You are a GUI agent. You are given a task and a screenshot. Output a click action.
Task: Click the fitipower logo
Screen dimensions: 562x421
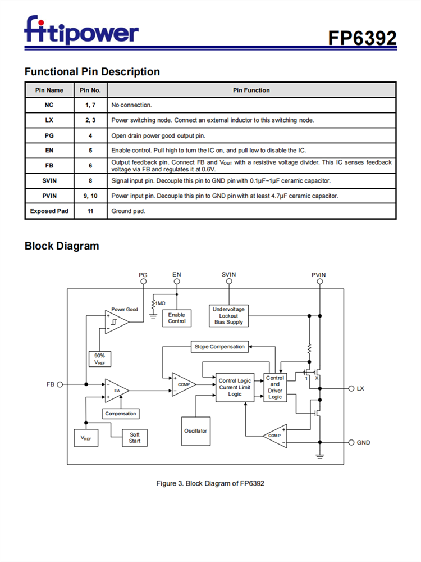point(81,31)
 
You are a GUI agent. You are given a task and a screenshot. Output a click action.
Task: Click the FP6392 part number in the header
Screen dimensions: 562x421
point(362,38)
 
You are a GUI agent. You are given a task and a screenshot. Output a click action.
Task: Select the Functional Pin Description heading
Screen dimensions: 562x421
point(92,72)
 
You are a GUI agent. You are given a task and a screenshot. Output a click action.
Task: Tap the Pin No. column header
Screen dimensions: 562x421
point(90,90)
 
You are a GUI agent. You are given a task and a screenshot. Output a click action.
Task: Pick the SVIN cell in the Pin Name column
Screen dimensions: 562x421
point(49,180)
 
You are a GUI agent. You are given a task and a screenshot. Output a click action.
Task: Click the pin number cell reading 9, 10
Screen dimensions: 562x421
point(90,196)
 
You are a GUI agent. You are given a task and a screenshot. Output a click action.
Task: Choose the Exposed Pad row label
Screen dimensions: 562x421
point(49,211)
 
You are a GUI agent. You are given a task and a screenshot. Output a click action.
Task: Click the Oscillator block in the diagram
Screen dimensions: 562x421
point(195,431)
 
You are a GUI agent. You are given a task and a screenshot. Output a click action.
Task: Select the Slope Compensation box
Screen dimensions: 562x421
point(219,347)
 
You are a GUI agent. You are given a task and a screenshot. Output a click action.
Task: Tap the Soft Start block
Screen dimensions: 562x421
point(135,438)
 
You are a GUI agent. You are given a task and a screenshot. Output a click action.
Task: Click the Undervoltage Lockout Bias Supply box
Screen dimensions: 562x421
point(228,315)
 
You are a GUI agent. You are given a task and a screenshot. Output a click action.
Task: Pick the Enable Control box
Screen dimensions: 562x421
point(177,318)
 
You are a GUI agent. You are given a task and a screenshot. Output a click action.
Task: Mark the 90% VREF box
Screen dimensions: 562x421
point(99,359)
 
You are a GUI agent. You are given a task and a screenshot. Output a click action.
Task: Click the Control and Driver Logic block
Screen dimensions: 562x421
point(275,388)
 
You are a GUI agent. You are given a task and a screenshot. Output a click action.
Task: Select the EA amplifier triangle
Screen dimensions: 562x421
point(116,391)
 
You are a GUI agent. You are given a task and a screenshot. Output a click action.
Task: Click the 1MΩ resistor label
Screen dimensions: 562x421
point(160,303)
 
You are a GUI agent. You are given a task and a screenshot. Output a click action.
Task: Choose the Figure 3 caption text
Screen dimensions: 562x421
point(210,483)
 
